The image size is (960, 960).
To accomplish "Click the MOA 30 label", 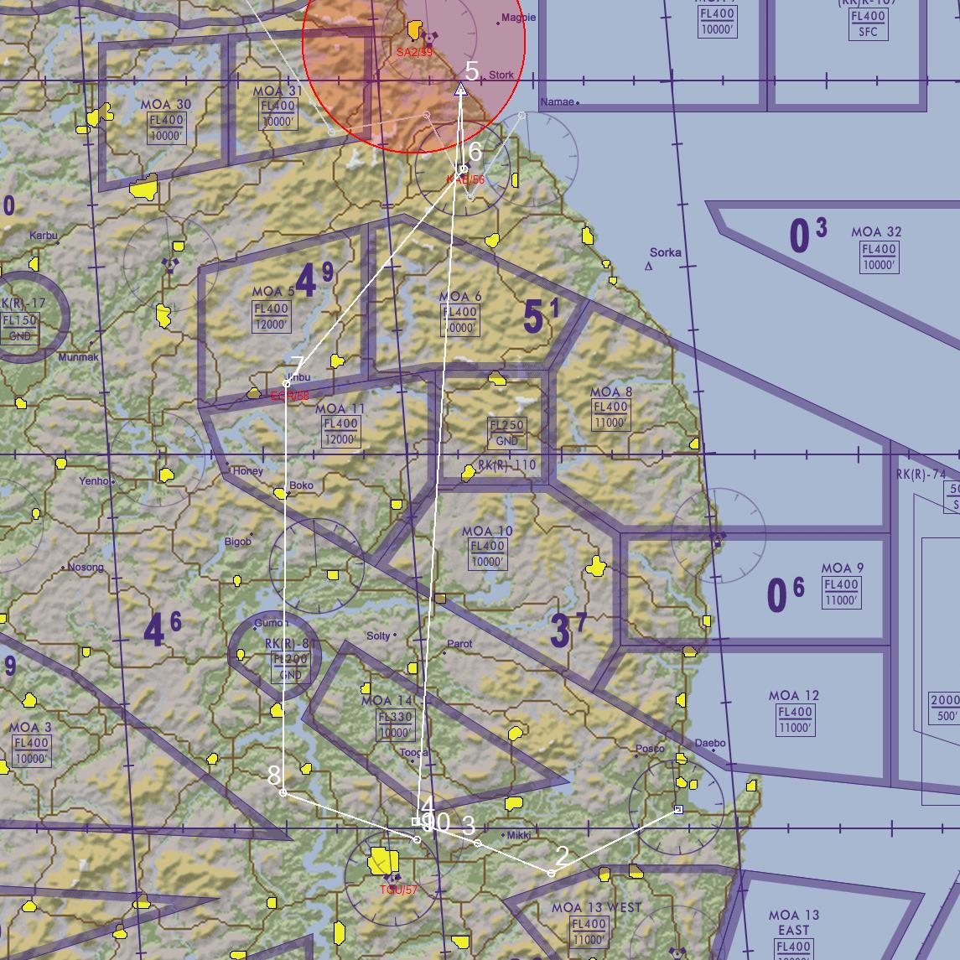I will click(x=166, y=105).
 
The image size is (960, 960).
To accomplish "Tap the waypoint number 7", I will click(x=297, y=366).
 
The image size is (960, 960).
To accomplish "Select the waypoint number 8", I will click(x=273, y=776).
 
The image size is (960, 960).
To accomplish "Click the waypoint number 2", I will click(x=562, y=856).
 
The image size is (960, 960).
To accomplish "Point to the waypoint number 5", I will click(x=471, y=72).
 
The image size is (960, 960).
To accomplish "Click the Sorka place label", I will click(x=666, y=252).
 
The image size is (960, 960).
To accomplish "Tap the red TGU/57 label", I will click(x=397, y=890).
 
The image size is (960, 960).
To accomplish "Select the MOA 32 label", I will click(x=876, y=232).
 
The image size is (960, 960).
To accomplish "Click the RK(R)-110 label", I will click(x=506, y=465).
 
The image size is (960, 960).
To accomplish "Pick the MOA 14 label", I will click(x=387, y=700).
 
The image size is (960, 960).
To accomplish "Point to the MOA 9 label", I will click(x=842, y=568).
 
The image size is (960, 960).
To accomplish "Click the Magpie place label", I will click(x=517, y=18).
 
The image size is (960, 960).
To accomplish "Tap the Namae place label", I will click(x=558, y=102).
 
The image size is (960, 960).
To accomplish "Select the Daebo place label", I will click(x=710, y=744).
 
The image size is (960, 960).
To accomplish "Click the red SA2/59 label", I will click(x=414, y=52).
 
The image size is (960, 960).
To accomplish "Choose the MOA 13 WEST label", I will click(x=596, y=907).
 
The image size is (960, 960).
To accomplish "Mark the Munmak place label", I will click(x=78, y=357).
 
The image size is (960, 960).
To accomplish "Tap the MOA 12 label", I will click(x=794, y=696).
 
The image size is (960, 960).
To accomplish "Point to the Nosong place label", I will click(x=86, y=568).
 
